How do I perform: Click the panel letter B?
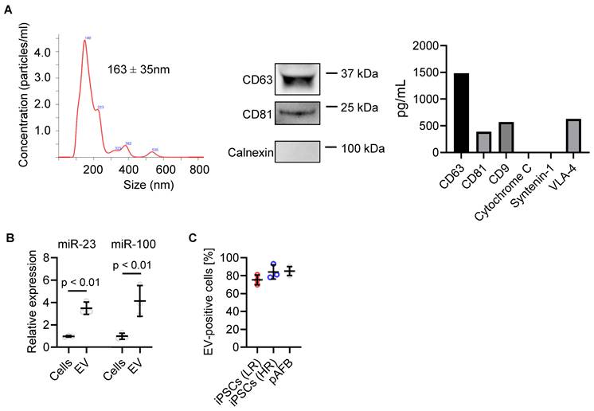9,237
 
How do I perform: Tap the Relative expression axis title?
32,307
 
